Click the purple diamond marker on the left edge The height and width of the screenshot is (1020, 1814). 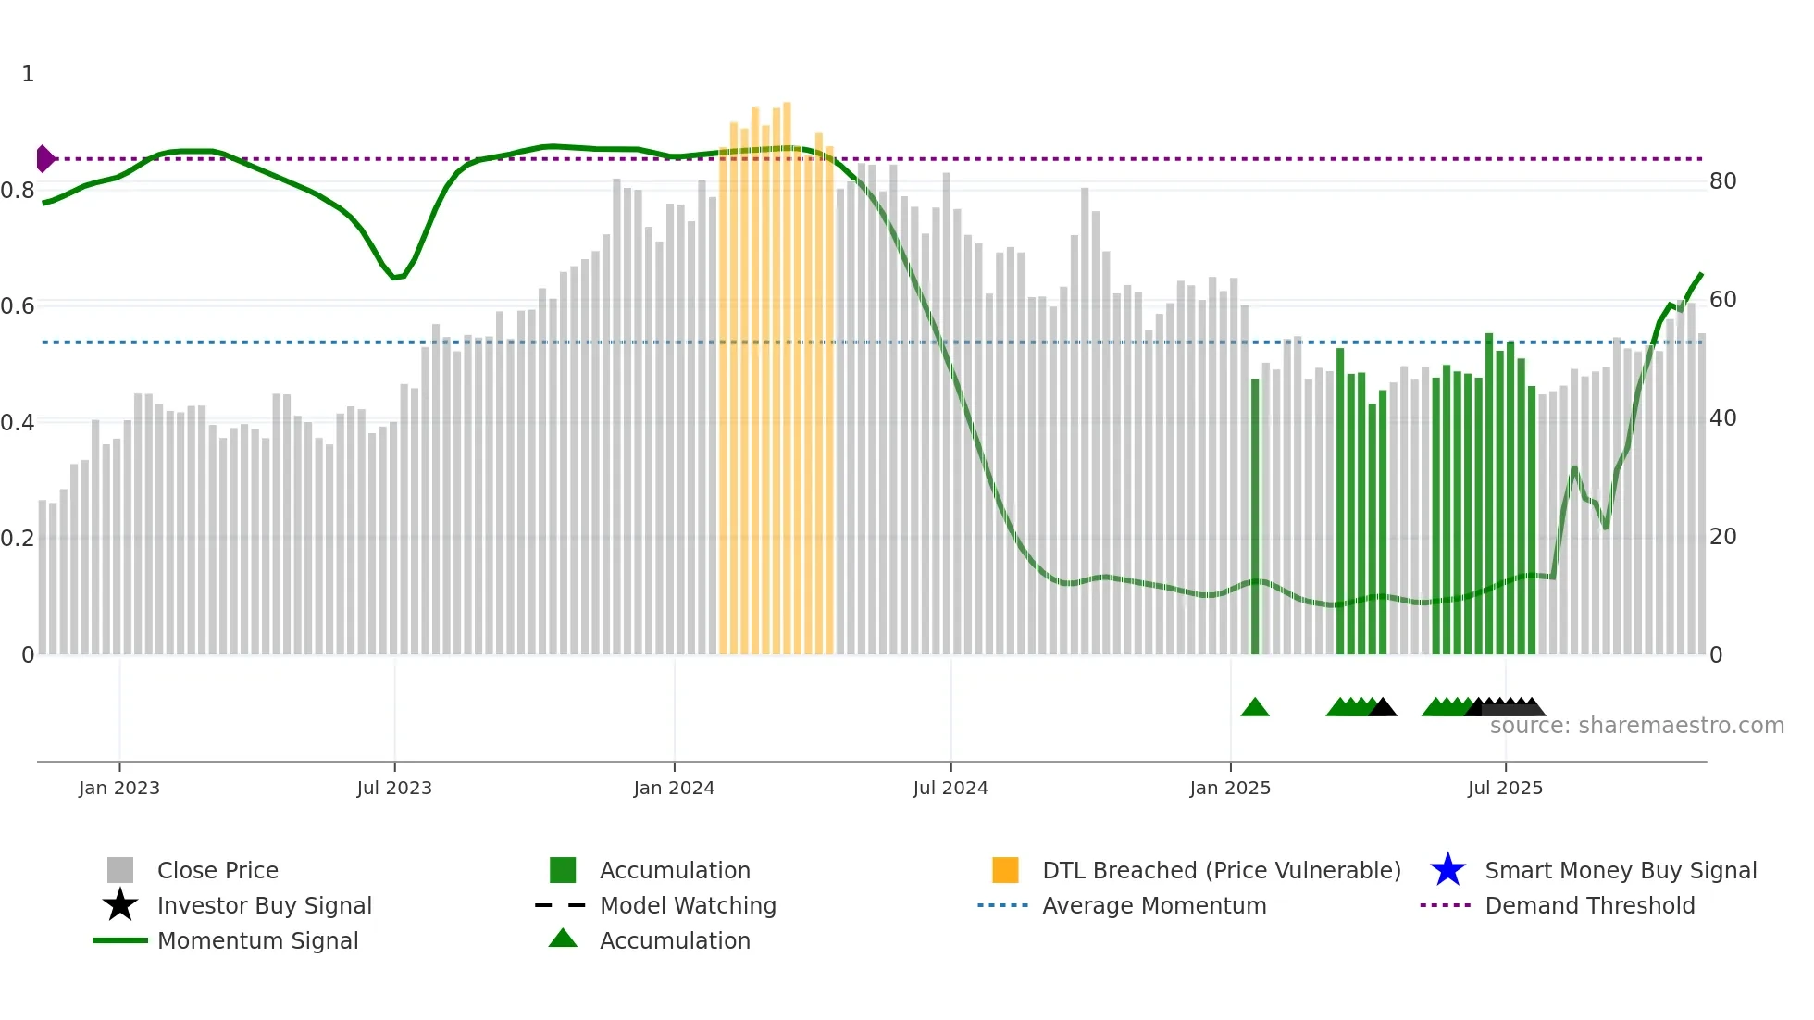[44, 159]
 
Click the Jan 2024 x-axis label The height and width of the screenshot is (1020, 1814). [674, 788]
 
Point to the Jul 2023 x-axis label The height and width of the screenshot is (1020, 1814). [394, 788]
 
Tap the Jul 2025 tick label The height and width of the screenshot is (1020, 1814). [1505, 788]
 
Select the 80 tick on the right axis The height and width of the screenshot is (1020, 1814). [1722, 181]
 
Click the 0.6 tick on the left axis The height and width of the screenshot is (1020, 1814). [18, 306]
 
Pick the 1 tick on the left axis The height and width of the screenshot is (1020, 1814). [28, 74]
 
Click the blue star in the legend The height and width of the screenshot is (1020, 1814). [1447, 870]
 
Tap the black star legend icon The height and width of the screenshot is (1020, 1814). [120, 905]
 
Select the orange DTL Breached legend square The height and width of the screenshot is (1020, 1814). [1005, 870]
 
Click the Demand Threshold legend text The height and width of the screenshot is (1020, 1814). [1589, 905]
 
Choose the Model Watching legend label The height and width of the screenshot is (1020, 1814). [688, 905]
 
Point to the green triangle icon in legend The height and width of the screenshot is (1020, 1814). [563, 939]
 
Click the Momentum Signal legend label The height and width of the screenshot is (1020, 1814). [257, 940]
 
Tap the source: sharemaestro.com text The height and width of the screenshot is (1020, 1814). [1636, 726]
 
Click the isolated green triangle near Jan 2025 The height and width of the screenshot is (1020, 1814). [1255, 708]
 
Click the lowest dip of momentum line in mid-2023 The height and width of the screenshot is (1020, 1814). [395, 277]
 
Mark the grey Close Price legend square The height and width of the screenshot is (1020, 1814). [120, 870]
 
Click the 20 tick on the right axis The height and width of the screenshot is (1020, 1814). [1722, 537]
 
